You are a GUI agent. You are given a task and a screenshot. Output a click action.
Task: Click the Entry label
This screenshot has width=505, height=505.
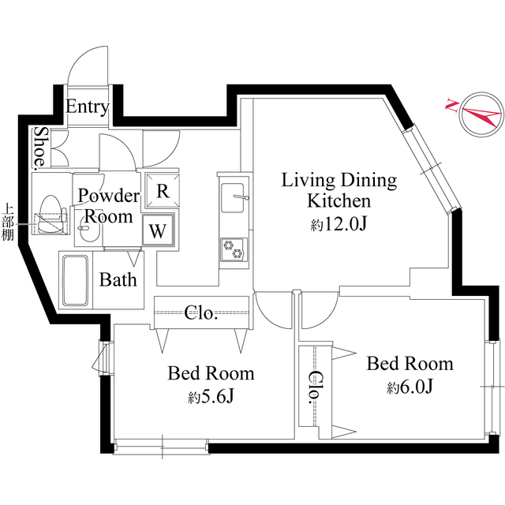pos(87,107)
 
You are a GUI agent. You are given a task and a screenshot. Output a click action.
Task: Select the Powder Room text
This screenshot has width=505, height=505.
pos(108,205)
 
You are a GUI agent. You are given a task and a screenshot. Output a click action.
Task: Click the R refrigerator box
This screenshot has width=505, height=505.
pos(161,191)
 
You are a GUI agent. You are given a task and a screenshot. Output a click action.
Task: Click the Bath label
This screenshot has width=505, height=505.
pos(118,279)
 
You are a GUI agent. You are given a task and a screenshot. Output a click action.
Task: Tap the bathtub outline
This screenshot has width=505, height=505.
pos(75,282)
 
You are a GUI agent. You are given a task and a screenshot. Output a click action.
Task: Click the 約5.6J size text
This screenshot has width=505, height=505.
pos(211,397)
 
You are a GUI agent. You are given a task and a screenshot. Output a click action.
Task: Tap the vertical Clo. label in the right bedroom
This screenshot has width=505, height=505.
pos(320,386)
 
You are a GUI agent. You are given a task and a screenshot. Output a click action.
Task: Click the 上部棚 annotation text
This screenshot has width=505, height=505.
pos(9,223)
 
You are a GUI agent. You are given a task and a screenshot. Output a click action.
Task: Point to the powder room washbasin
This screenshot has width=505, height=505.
pos(87,237)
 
